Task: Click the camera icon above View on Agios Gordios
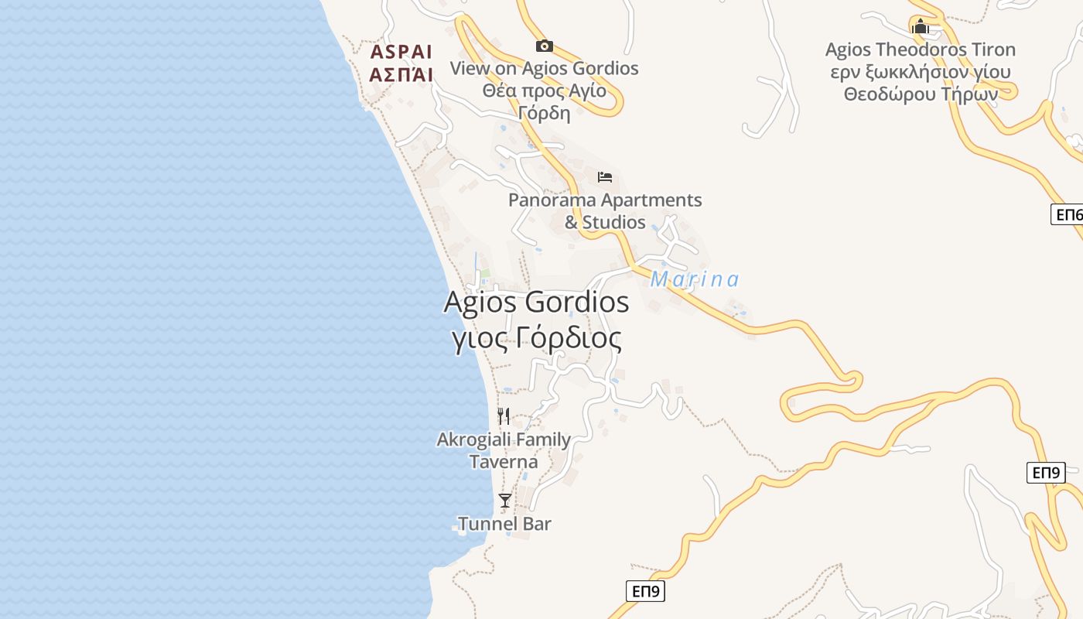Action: pos(545,46)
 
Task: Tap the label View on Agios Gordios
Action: pos(544,68)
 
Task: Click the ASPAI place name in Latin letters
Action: pos(401,52)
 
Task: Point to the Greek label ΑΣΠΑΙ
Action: pos(401,74)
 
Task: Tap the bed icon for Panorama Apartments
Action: pos(605,177)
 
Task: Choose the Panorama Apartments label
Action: pos(605,200)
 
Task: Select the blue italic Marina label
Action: pos(695,279)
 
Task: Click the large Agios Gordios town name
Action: pos(536,302)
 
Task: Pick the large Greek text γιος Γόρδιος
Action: pos(536,338)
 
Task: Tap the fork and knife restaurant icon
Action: pos(504,416)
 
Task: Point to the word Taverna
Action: pos(504,462)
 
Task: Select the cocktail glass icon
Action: pos(505,501)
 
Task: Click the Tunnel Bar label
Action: pos(504,524)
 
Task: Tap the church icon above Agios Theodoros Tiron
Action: pos(920,27)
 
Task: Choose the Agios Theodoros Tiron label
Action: pos(920,50)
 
